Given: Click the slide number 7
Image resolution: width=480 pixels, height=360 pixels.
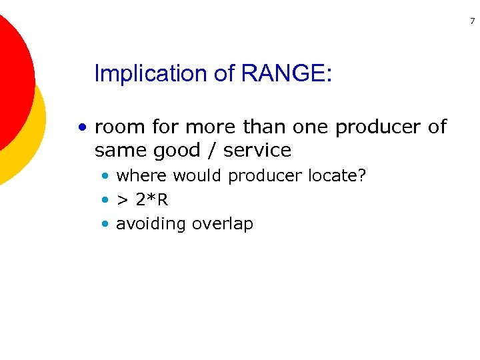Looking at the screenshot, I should pyautogui.click(x=472, y=22).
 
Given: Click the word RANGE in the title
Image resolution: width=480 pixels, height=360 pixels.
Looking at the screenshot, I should pyautogui.click(x=286, y=73).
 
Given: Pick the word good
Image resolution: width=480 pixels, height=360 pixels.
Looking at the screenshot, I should pyautogui.click(x=176, y=151).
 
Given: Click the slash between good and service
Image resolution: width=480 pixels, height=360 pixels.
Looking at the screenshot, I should pyautogui.click(x=211, y=150).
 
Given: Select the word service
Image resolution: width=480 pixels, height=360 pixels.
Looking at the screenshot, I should pyautogui.click(x=257, y=150).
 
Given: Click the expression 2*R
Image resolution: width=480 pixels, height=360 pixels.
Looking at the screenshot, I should pyautogui.click(x=153, y=200).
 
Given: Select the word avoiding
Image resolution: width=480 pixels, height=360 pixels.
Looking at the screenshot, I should pyautogui.click(x=151, y=224).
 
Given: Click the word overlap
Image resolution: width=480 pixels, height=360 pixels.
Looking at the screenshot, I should pyautogui.click(x=223, y=224).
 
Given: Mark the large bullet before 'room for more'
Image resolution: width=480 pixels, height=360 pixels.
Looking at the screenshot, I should pyautogui.click(x=82, y=127).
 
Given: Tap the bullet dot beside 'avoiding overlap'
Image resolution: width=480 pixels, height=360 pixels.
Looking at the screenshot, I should pyautogui.click(x=105, y=224).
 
